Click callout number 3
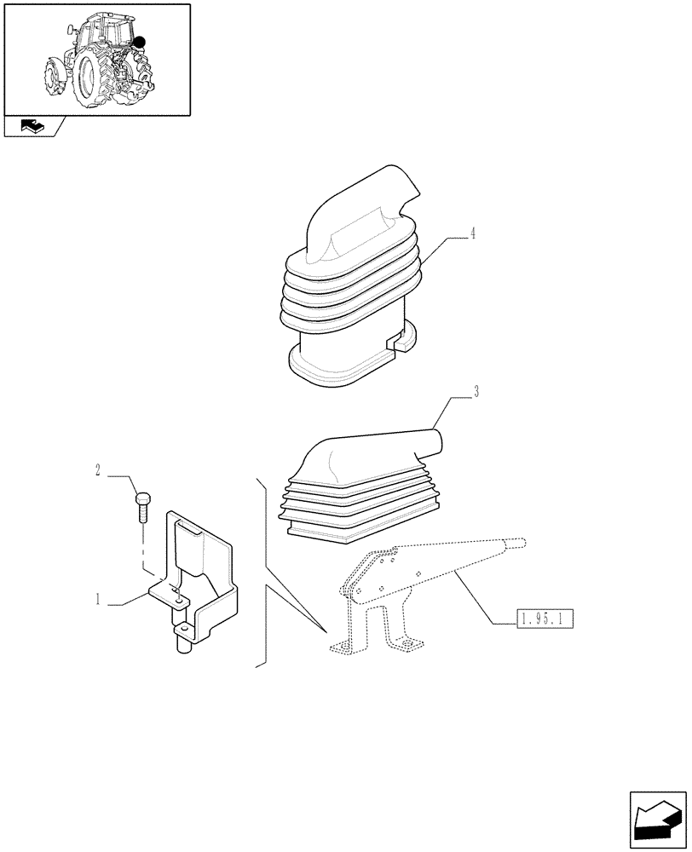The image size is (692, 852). (x=476, y=392)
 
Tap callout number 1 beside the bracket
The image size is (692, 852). (x=99, y=600)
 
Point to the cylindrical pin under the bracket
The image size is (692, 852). (x=182, y=641)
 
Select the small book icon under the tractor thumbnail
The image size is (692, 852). (x=31, y=127)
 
